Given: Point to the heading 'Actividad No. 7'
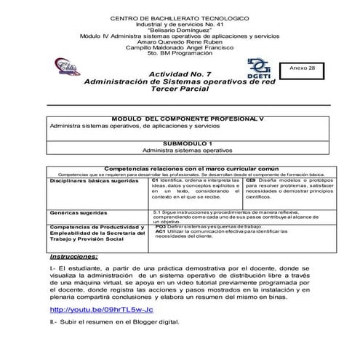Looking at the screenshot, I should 179,75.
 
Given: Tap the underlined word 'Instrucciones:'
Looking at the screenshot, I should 78,257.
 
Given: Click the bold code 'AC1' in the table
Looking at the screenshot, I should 160,231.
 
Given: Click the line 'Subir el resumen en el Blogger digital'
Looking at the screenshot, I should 120,321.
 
